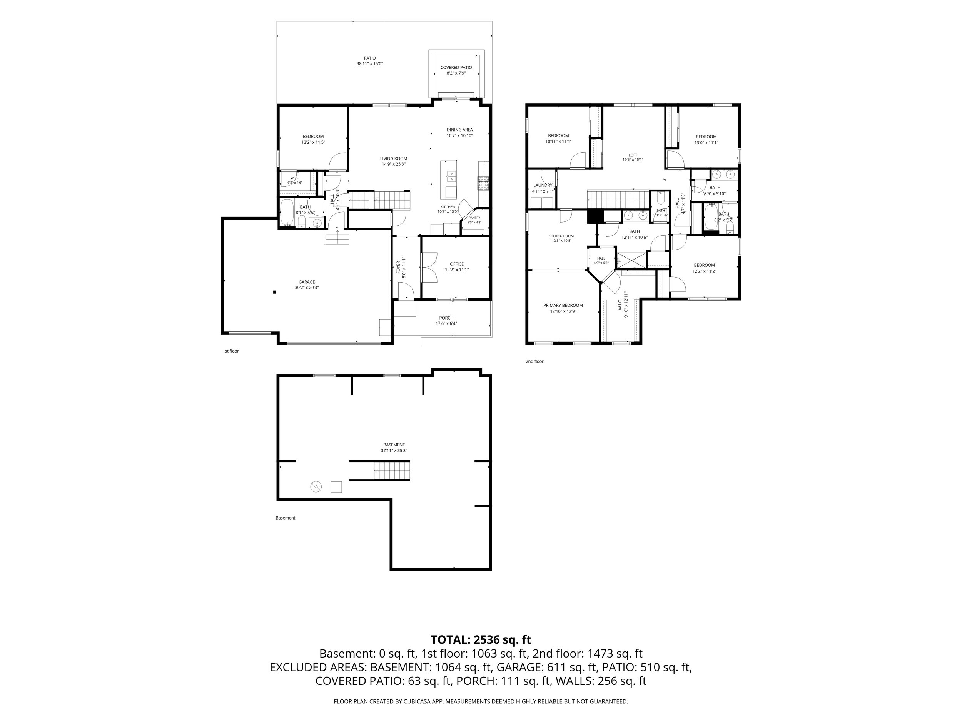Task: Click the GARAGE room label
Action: pyautogui.click(x=307, y=282)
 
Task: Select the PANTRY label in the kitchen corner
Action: pyautogui.click(x=474, y=218)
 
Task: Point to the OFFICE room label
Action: pyautogui.click(x=457, y=264)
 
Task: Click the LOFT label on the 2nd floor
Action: pyautogui.click(x=633, y=155)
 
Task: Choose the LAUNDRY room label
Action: pyautogui.click(x=543, y=185)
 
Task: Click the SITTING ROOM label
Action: pyautogui.click(x=561, y=236)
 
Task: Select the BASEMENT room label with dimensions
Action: pyautogui.click(x=394, y=445)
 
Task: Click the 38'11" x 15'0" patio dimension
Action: pyautogui.click(x=370, y=63)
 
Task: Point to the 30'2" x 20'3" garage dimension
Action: pyautogui.click(x=307, y=288)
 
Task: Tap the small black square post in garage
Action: pyautogui.click(x=274, y=292)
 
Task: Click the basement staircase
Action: pyautogui.click(x=392, y=471)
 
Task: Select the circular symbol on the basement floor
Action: pyautogui.click(x=316, y=487)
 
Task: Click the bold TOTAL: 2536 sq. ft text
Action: pyautogui.click(x=481, y=640)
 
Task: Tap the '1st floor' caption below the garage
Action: pyautogui.click(x=230, y=351)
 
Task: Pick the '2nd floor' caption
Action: pyautogui.click(x=534, y=361)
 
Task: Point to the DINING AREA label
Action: pyautogui.click(x=460, y=130)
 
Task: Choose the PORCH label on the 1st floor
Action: pyautogui.click(x=446, y=318)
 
